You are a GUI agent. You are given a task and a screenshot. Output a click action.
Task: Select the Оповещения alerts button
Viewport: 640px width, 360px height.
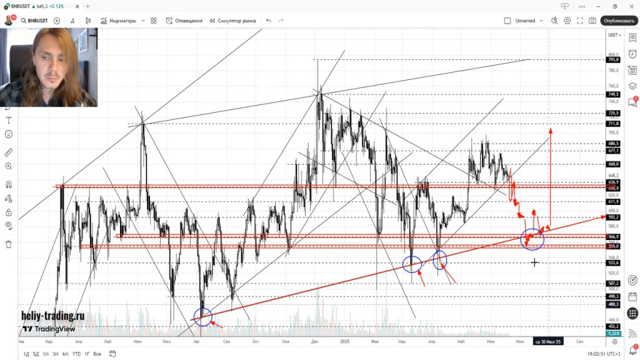[184, 21]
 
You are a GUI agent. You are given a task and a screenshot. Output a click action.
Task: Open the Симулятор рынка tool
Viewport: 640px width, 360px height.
[232, 21]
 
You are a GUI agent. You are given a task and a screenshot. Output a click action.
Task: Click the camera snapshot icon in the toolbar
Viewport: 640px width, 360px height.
[592, 21]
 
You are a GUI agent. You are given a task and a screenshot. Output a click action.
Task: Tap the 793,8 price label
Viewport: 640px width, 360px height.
[613, 60]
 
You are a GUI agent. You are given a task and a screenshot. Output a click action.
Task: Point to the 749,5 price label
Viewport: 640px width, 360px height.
[613, 94]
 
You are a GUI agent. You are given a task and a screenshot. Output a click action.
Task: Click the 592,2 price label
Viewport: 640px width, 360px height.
[613, 217]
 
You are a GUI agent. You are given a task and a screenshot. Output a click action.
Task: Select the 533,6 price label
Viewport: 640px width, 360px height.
[613, 263]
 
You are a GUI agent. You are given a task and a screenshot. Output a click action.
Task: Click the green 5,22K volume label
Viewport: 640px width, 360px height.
[613, 334]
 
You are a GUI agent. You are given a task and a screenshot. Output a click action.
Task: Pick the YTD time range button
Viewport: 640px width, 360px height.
[76, 354]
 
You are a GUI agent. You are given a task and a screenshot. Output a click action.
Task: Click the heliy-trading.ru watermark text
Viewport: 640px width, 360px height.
[52, 317]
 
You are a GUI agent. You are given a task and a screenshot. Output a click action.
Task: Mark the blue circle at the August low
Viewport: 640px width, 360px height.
[202, 317]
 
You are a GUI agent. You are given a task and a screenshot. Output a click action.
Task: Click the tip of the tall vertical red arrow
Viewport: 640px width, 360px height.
[551, 129]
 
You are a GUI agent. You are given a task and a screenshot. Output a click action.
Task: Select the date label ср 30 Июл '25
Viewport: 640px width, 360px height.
[548, 342]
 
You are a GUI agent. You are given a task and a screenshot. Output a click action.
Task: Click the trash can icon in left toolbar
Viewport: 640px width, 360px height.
[9, 244]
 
